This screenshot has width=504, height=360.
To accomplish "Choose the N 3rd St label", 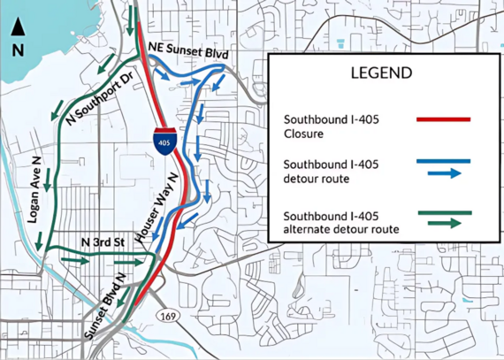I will [x=99, y=242].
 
